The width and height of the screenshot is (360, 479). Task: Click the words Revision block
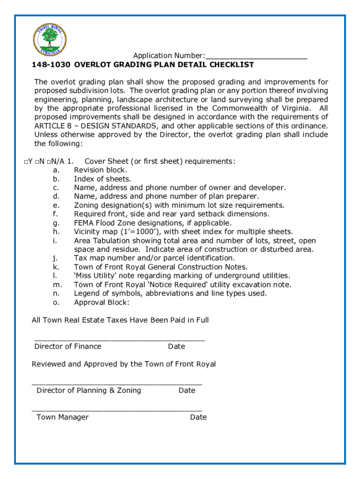[100, 170]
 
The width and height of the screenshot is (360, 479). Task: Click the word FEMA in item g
[84, 223]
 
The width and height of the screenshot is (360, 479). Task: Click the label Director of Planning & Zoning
[89, 391]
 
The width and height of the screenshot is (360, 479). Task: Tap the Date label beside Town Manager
[198, 417]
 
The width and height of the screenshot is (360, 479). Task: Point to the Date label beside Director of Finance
[177, 347]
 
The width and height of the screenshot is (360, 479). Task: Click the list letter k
[55, 267]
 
